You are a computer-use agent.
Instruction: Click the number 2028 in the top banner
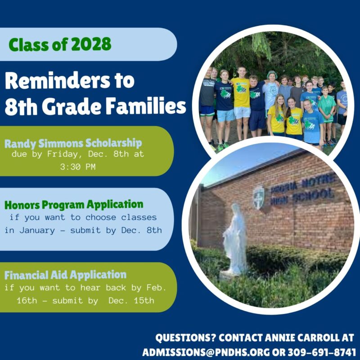coord(91,44)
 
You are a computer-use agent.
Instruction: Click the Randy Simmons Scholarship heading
coord(73,144)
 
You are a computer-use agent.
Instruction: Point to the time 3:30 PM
coord(78,166)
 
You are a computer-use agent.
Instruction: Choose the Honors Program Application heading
coord(74,205)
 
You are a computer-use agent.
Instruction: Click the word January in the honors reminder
coord(37,230)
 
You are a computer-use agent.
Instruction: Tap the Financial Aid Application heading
coord(65,275)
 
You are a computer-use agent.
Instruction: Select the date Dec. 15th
coord(131,301)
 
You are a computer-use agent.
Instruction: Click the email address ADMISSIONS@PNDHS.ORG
coord(206,352)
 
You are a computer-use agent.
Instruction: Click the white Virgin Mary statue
coord(234,240)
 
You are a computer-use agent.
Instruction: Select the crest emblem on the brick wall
coord(259,198)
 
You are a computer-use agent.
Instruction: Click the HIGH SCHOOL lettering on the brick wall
coord(302,196)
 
